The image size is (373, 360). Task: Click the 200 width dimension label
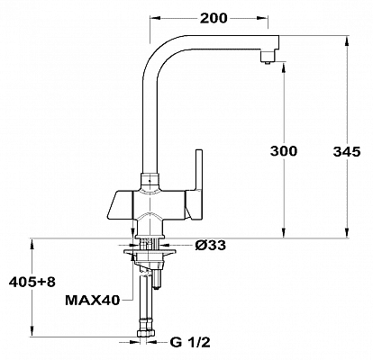[214, 19]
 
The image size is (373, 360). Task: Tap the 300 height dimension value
[284, 151]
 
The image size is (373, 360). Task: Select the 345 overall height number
[347, 152]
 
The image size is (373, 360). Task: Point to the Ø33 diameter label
[210, 246]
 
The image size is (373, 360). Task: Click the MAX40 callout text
[93, 300]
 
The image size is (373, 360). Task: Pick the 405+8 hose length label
[32, 282]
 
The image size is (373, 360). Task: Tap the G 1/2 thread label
[190, 342]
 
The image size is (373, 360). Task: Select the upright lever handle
[199, 170]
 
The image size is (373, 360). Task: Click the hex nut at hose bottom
[146, 333]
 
